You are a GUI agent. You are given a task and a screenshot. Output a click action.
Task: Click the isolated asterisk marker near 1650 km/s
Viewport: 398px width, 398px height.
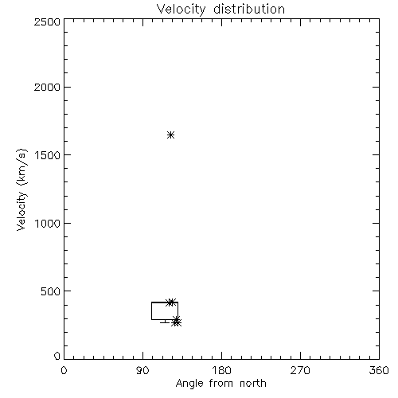(170, 135)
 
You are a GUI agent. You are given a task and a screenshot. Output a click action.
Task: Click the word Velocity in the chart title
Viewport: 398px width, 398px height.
(181, 10)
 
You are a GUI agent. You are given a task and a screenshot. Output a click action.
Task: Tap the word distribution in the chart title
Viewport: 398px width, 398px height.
(249, 9)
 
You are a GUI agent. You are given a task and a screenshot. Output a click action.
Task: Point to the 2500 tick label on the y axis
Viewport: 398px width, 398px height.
(47, 21)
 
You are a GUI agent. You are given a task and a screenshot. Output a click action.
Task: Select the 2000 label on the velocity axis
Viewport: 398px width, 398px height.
(47, 87)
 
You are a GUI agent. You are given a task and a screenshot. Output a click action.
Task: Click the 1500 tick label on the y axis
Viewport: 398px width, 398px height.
(48, 155)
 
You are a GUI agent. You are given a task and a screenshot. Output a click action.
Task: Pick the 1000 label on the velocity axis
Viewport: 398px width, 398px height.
(48, 223)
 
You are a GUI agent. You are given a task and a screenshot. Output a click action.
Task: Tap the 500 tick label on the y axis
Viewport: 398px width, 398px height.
(50, 291)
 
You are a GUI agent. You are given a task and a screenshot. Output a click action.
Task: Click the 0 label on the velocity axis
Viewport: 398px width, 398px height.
(57, 356)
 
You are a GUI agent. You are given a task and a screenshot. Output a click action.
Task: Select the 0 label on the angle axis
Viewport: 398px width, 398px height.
(64, 370)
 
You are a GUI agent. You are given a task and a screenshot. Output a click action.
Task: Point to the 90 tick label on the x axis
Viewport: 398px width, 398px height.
(142, 370)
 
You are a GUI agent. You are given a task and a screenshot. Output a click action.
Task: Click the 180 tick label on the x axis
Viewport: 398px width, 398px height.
(221, 370)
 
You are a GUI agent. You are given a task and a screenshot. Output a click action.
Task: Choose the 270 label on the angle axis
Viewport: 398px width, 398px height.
(300, 370)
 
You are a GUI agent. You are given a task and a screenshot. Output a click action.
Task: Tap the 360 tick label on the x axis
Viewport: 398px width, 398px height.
(379, 370)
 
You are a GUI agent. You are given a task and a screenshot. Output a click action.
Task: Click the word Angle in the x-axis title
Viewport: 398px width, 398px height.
(189, 384)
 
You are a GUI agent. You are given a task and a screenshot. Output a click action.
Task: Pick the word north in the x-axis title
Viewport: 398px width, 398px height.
(253, 383)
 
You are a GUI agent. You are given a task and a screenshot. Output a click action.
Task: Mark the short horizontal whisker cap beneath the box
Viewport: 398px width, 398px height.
(165, 322)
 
